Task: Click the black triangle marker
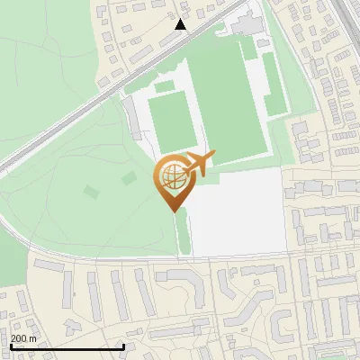pyautogui.click(x=181, y=24)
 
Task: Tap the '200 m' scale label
pyautogui.click(x=22, y=338)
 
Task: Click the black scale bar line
pyautogui.click(x=67, y=346)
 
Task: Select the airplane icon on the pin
pyautogui.click(x=199, y=164)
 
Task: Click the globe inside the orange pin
pyautogui.click(x=171, y=177)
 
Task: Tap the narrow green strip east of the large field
pyautogui.click(x=274, y=85)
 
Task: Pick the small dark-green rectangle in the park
pyautogui.click(x=91, y=191)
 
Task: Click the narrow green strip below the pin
pyautogui.click(x=183, y=231)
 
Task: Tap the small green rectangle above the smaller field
pyautogui.click(x=165, y=87)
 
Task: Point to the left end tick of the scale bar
pyautogui.click(x=11, y=346)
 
